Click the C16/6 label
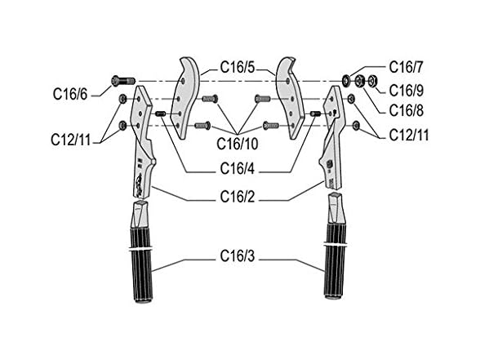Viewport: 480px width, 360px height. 70,94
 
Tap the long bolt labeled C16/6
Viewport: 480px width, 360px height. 123,81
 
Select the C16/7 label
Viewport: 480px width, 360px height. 406,67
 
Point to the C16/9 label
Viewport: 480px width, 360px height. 407,91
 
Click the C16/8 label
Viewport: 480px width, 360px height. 407,110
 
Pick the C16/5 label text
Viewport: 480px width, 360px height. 238,67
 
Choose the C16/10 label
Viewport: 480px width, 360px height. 238,144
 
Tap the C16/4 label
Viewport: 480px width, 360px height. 238,168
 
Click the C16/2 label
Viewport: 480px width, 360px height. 238,197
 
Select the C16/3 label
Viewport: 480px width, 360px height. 238,256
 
